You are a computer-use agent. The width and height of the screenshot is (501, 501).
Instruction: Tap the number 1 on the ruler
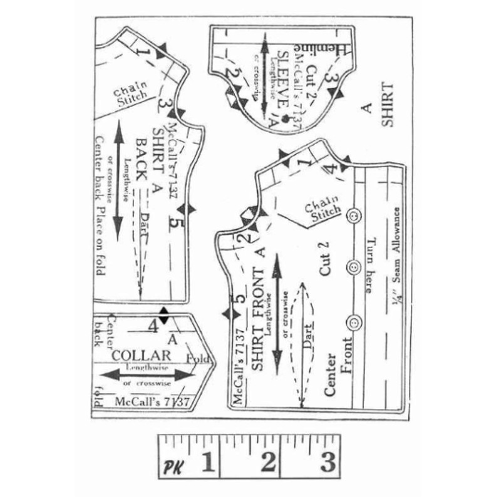207,464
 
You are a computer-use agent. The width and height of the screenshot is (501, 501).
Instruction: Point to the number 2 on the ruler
268,464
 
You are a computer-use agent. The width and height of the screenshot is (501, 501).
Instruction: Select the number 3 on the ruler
328,464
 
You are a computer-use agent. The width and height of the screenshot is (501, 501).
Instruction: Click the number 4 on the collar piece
153,326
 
